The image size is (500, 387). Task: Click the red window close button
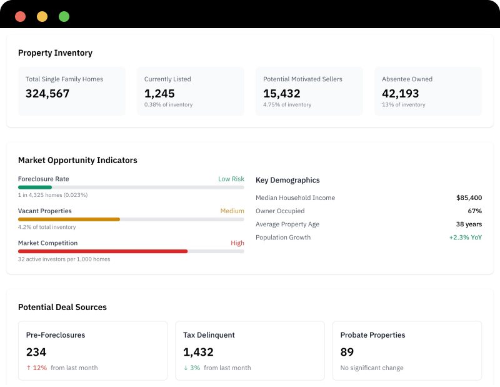coord(20,17)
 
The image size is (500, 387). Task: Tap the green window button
coord(64,17)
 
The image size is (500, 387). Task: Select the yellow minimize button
coord(42,17)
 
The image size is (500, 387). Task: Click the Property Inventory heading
coord(55,53)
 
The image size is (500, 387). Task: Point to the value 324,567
coord(47,94)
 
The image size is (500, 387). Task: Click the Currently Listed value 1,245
coord(159,94)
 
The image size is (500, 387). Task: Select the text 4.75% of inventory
coord(287,105)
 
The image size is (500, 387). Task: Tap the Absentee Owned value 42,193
coord(401,94)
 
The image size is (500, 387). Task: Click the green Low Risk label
coord(231,179)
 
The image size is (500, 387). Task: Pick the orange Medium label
coord(232,211)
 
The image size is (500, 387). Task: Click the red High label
coord(237,243)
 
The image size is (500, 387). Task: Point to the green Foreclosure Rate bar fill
coord(35,187)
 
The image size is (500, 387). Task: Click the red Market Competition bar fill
coord(102,251)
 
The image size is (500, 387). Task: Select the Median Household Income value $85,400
coord(469,198)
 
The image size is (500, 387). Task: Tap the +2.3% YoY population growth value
coord(465,238)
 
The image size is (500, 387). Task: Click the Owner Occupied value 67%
coord(474,211)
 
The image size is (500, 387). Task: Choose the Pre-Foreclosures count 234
coord(36,352)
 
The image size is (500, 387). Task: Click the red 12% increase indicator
coord(36,368)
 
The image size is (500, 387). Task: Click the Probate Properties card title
coord(372,335)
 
